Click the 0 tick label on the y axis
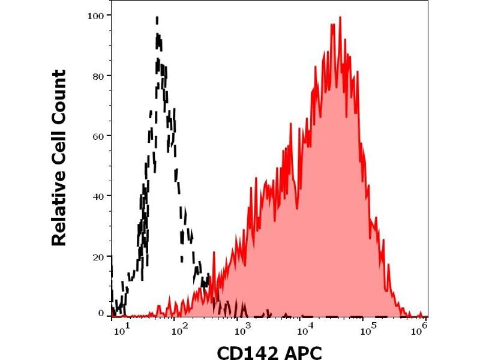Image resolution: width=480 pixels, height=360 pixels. [100, 313]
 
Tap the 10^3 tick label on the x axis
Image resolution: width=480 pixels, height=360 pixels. [242, 328]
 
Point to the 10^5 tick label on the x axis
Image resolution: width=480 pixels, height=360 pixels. [370, 328]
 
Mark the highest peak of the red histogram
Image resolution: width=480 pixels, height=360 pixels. [340, 18]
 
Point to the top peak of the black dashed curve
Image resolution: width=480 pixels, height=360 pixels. [157, 19]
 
